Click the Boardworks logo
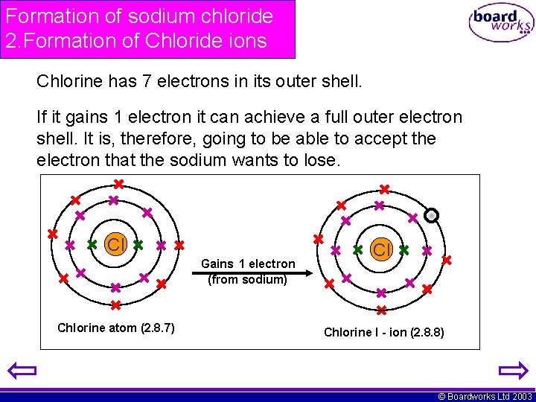coord(500,22)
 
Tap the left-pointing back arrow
coord(23,370)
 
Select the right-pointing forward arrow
coord(512,370)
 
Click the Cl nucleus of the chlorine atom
coord(115,244)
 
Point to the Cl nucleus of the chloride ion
coord(381,249)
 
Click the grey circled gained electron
coord(431,215)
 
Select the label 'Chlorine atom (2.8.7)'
coord(116,328)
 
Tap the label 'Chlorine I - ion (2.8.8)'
coord(384,332)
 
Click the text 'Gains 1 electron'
coord(248,264)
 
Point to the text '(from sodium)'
coord(248,279)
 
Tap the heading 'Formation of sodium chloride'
coord(139,16)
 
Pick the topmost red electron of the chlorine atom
coord(118,184)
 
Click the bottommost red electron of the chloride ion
coord(380,310)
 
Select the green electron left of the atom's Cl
coord(92,244)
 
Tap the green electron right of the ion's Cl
coord(404,249)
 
